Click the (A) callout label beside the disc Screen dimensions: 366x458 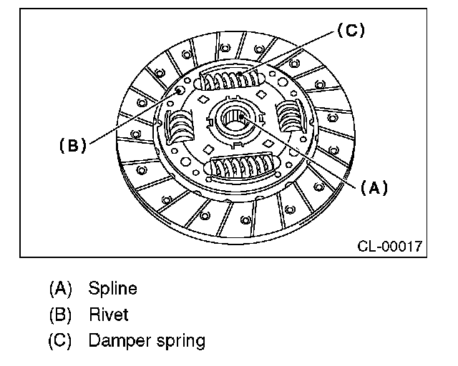point(373,188)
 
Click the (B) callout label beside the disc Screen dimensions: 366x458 point(72,145)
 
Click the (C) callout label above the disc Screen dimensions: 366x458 point(350,31)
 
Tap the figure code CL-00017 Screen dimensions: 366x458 point(389,247)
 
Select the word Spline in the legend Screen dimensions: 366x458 point(112,290)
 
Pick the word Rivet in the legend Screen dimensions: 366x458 point(109,315)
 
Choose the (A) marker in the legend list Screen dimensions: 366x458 point(61,290)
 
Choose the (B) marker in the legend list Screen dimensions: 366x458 point(61,315)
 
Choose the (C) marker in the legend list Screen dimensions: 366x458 point(61,340)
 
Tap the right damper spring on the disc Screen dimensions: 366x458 point(291,114)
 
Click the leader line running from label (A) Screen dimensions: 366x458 point(301,151)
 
